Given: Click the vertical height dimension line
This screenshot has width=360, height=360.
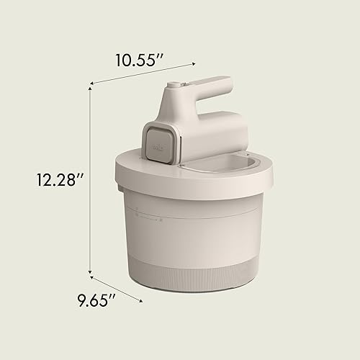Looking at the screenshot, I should pos(90,180).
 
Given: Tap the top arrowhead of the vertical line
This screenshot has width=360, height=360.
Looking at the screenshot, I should pos(90,86).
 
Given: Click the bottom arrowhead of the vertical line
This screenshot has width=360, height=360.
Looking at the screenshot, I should pos(90,274).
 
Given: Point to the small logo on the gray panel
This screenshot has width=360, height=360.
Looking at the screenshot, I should pos(157,144).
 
